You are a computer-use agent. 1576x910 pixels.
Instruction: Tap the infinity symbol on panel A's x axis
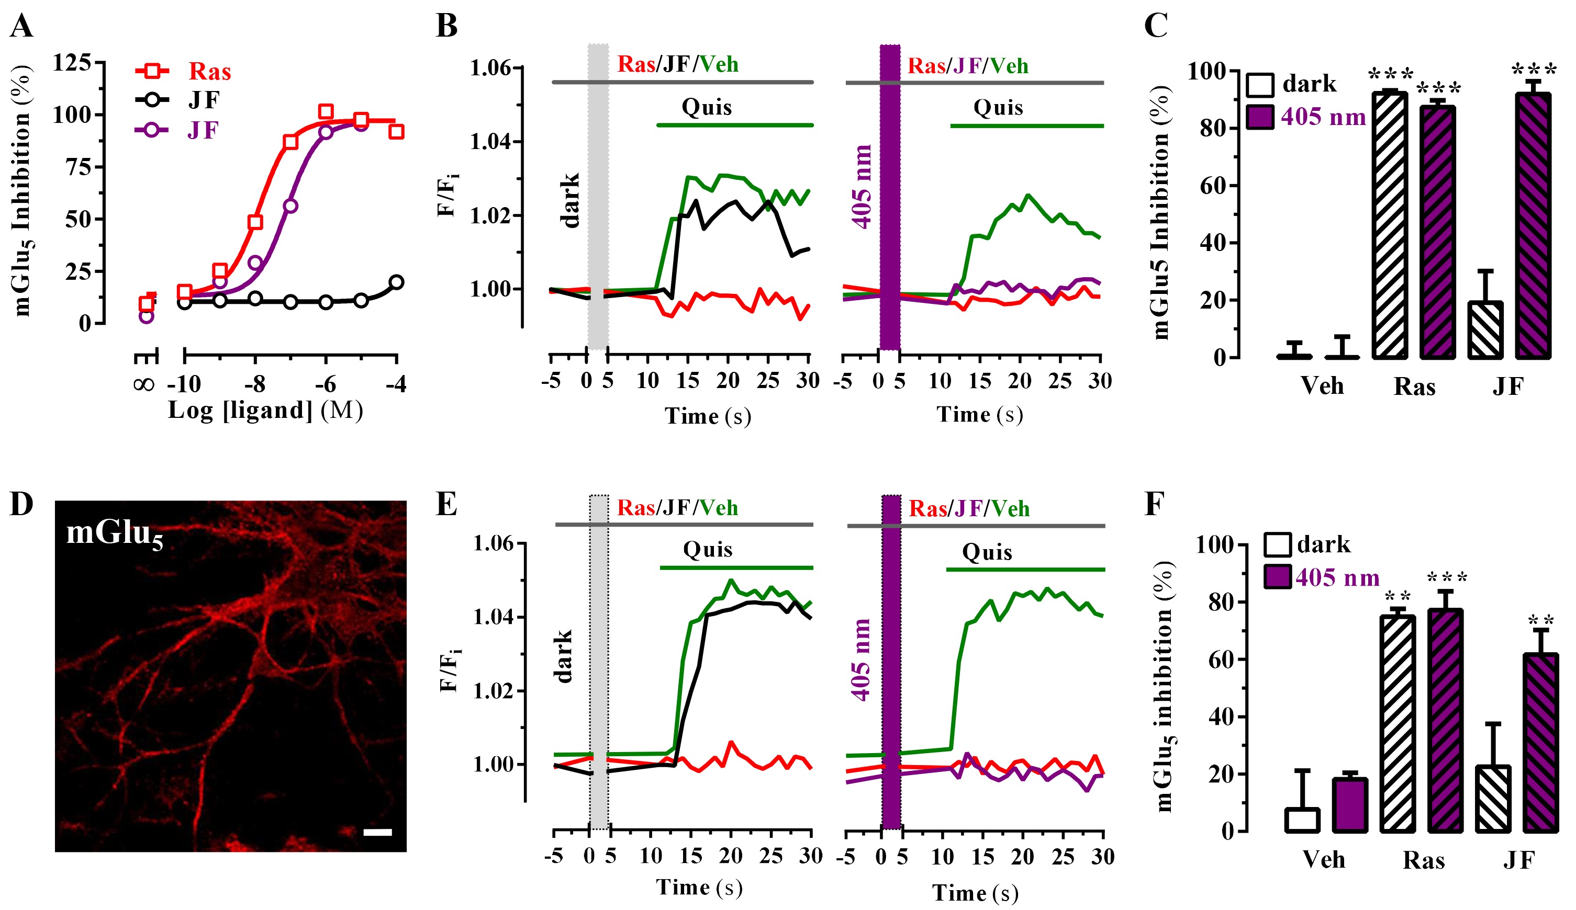tap(144, 384)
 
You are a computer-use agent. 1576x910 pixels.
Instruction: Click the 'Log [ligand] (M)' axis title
tap(265, 411)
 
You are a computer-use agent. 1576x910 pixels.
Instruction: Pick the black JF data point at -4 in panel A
tap(396, 282)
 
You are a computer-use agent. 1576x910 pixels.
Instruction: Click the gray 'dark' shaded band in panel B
tap(598, 197)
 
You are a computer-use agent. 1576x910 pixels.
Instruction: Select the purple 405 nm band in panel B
tap(890, 197)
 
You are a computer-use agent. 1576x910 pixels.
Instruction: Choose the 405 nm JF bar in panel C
tap(1534, 226)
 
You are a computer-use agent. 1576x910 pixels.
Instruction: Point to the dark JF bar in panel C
tap(1485, 330)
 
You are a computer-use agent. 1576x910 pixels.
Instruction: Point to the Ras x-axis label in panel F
tap(1423, 861)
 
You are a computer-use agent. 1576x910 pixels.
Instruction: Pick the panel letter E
tap(446, 504)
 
